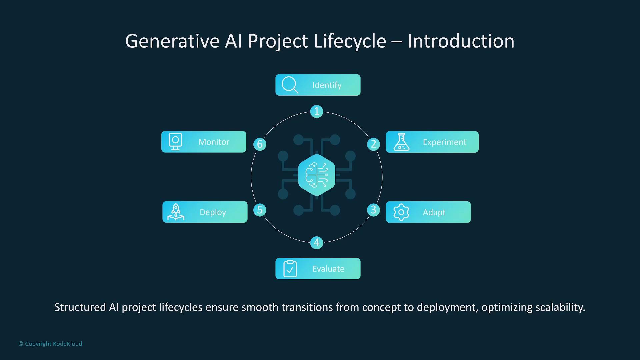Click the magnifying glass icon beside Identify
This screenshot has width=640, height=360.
pos(290,85)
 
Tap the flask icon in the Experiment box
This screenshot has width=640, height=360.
pos(401,142)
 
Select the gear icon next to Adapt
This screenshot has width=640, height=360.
pos(401,212)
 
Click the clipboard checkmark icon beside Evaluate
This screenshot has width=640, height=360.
pos(290,269)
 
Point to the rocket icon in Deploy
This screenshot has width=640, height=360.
pos(176,212)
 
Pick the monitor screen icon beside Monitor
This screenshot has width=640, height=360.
pos(175,142)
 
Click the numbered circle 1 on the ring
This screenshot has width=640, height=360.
pos(317,111)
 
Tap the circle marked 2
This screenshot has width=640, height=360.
pos(373,144)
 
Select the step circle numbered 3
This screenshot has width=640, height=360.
pos(373,210)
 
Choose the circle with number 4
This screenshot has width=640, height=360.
pos(317,243)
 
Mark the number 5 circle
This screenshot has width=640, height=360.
pos(260,210)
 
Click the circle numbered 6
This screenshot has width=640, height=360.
pos(260,144)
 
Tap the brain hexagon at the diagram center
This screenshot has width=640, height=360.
pos(317,175)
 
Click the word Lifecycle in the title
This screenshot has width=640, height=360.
pos(350,41)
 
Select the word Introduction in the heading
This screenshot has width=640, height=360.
pos(461,41)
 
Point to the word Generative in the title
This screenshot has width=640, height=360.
pos(172,41)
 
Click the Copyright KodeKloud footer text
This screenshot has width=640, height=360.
pos(50,344)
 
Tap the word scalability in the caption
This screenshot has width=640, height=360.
pos(560,307)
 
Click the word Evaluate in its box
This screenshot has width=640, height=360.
pos(328,269)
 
